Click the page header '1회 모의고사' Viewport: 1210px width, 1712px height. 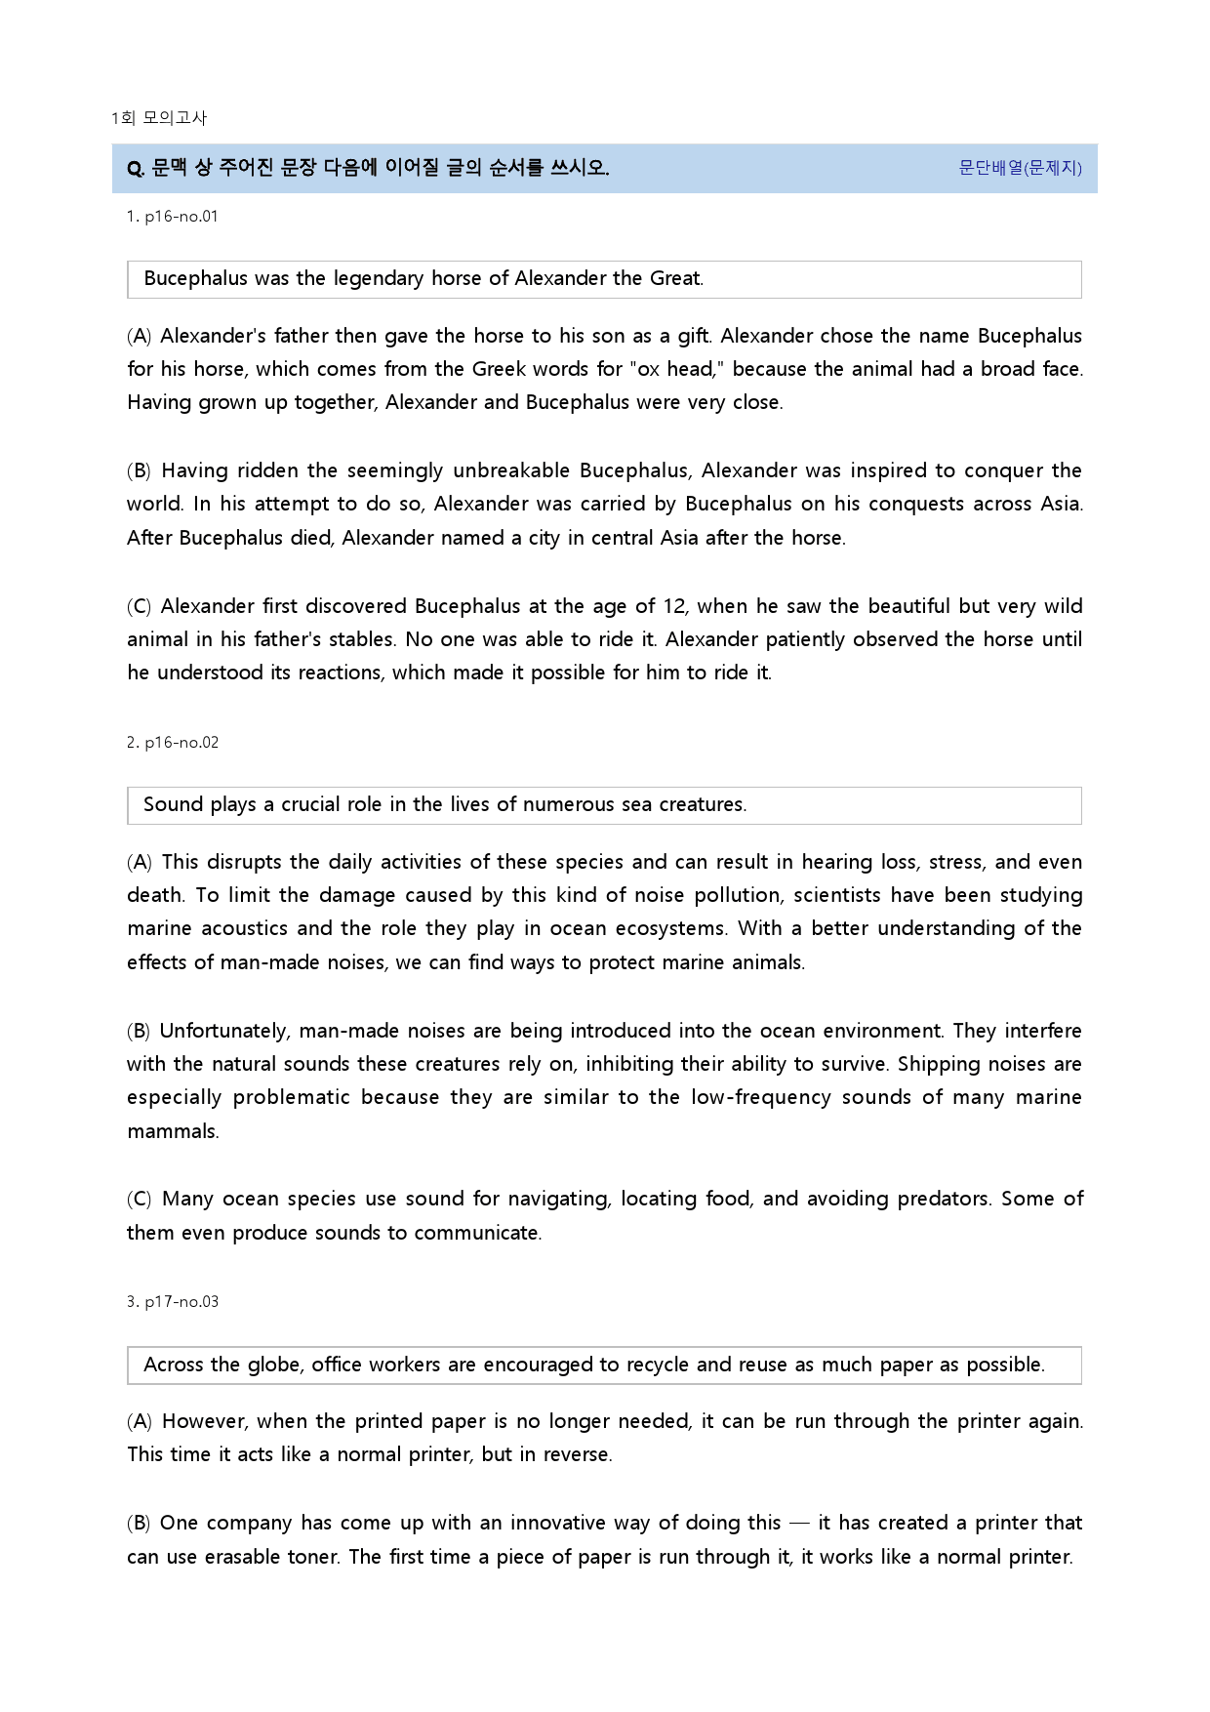[159, 118]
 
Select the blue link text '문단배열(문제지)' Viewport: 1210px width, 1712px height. [1020, 168]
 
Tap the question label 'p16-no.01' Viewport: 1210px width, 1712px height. [181, 217]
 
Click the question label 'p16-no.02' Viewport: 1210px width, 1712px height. [181, 743]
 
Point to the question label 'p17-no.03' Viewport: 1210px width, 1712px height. [181, 1302]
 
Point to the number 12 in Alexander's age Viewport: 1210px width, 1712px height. [674, 606]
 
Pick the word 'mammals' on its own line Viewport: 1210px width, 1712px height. [173, 1131]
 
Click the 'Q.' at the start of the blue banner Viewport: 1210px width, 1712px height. [136, 169]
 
